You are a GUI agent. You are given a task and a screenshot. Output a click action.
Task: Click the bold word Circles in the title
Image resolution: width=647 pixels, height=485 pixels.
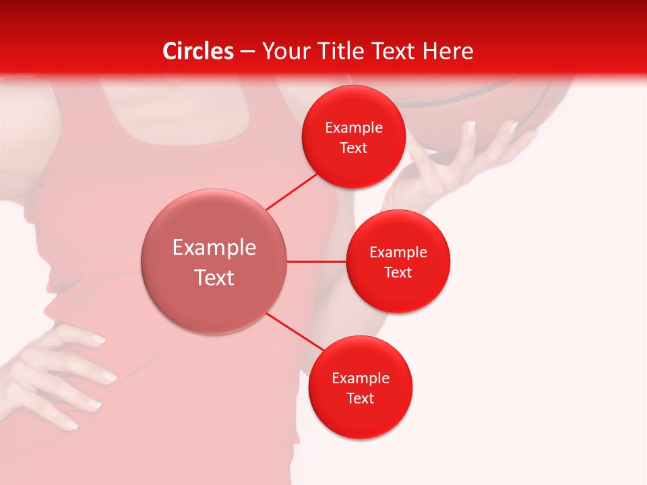[x=198, y=51]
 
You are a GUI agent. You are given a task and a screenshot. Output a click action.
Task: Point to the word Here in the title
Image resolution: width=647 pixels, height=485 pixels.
[x=449, y=51]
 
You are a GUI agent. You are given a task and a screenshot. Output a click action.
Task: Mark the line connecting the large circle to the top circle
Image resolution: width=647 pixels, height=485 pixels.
[x=292, y=191]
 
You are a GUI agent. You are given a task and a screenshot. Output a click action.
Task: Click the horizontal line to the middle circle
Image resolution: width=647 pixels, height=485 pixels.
[x=317, y=261]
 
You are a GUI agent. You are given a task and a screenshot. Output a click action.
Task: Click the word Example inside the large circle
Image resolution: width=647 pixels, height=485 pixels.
[x=214, y=248]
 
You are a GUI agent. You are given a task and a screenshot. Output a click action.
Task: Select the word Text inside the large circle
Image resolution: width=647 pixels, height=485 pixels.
[x=214, y=278]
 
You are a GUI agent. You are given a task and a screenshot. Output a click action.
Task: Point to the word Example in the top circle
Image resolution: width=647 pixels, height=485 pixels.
[x=353, y=128]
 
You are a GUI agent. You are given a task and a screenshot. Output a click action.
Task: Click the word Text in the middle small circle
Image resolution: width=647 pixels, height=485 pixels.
[x=398, y=273]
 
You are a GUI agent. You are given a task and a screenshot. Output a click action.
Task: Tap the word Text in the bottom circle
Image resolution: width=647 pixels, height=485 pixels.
[x=360, y=399]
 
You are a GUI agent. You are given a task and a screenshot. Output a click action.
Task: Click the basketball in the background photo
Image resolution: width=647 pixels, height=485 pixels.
[x=472, y=101]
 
